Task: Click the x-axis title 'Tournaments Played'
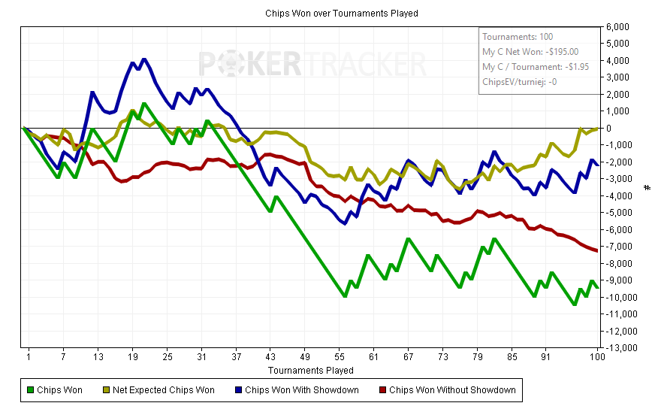tap(310, 371)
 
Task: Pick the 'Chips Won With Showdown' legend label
tap(302, 390)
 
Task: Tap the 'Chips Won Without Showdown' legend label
tap(452, 390)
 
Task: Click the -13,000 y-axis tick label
tap(620, 348)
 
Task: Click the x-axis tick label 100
tap(596, 357)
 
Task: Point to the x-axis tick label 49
tap(305, 357)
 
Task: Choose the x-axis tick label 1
tap(29, 357)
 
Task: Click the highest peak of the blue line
tap(143, 59)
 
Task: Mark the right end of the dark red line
tap(597, 250)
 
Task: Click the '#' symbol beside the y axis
tap(647, 186)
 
